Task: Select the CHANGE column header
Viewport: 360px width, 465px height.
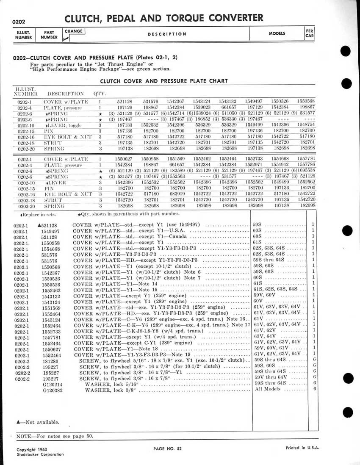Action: coord(74,31)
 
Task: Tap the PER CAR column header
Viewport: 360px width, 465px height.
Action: coord(309,33)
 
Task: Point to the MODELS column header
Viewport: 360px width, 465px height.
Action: coord(277,33)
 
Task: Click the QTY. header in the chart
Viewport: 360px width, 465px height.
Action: coord(100,93)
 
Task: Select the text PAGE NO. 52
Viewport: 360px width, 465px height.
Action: coord(168,448)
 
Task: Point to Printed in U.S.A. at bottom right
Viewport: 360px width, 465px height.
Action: coord(302,448)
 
